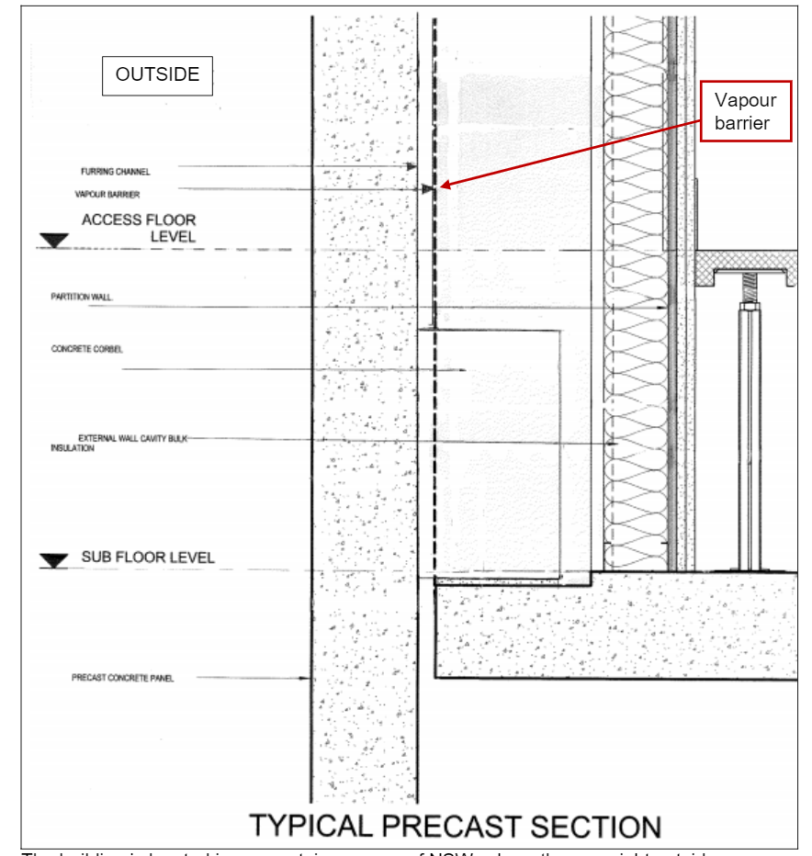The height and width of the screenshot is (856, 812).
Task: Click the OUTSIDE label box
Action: click(x=157, y=75)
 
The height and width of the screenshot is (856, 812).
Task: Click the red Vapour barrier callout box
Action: click(x=745, y=111)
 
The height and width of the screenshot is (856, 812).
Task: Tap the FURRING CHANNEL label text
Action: click(x=115, y=172)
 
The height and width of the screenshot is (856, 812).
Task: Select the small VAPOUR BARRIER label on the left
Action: click(x=107, y=195)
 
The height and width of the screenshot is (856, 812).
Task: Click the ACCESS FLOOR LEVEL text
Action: click(x=139, y=228)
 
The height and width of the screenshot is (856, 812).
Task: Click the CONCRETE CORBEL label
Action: click(x=87, y=349)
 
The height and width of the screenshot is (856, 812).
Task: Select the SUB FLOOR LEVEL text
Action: click(x=147, y=558)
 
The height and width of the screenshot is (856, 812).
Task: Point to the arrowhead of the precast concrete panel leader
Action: click(x=310, y=679)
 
